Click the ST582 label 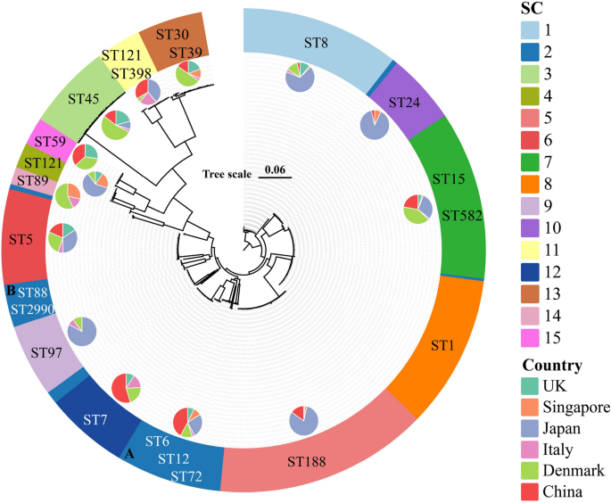[x=461, y=216]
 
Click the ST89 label [x=27, y=181]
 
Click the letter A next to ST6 [x=129, y=453]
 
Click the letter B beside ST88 [x=11, y=290]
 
